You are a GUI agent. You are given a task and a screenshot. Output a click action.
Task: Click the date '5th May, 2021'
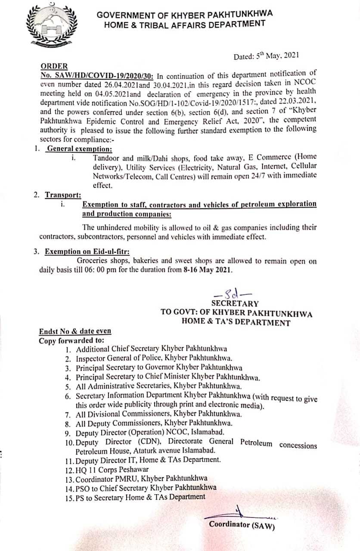(x=260, y=56)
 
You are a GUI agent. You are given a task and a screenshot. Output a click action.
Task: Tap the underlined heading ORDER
(x=54, y=66)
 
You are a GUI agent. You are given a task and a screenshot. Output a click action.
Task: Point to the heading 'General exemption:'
(x=79, y=149)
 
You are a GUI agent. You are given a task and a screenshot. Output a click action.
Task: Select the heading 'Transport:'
(x=63, y=195)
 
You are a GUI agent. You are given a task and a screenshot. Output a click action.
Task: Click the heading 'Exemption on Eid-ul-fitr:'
(x=87, y=252)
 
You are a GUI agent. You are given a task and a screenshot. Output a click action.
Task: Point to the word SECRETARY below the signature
(x=235, y=304)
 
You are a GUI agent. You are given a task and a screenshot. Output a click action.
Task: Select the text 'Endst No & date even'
(x=75, y=331)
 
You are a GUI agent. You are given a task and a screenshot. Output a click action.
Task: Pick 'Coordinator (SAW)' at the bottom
(x=242, y=525)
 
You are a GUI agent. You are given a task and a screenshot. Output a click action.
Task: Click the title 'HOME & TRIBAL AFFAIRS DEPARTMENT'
(x=185, y=24)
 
